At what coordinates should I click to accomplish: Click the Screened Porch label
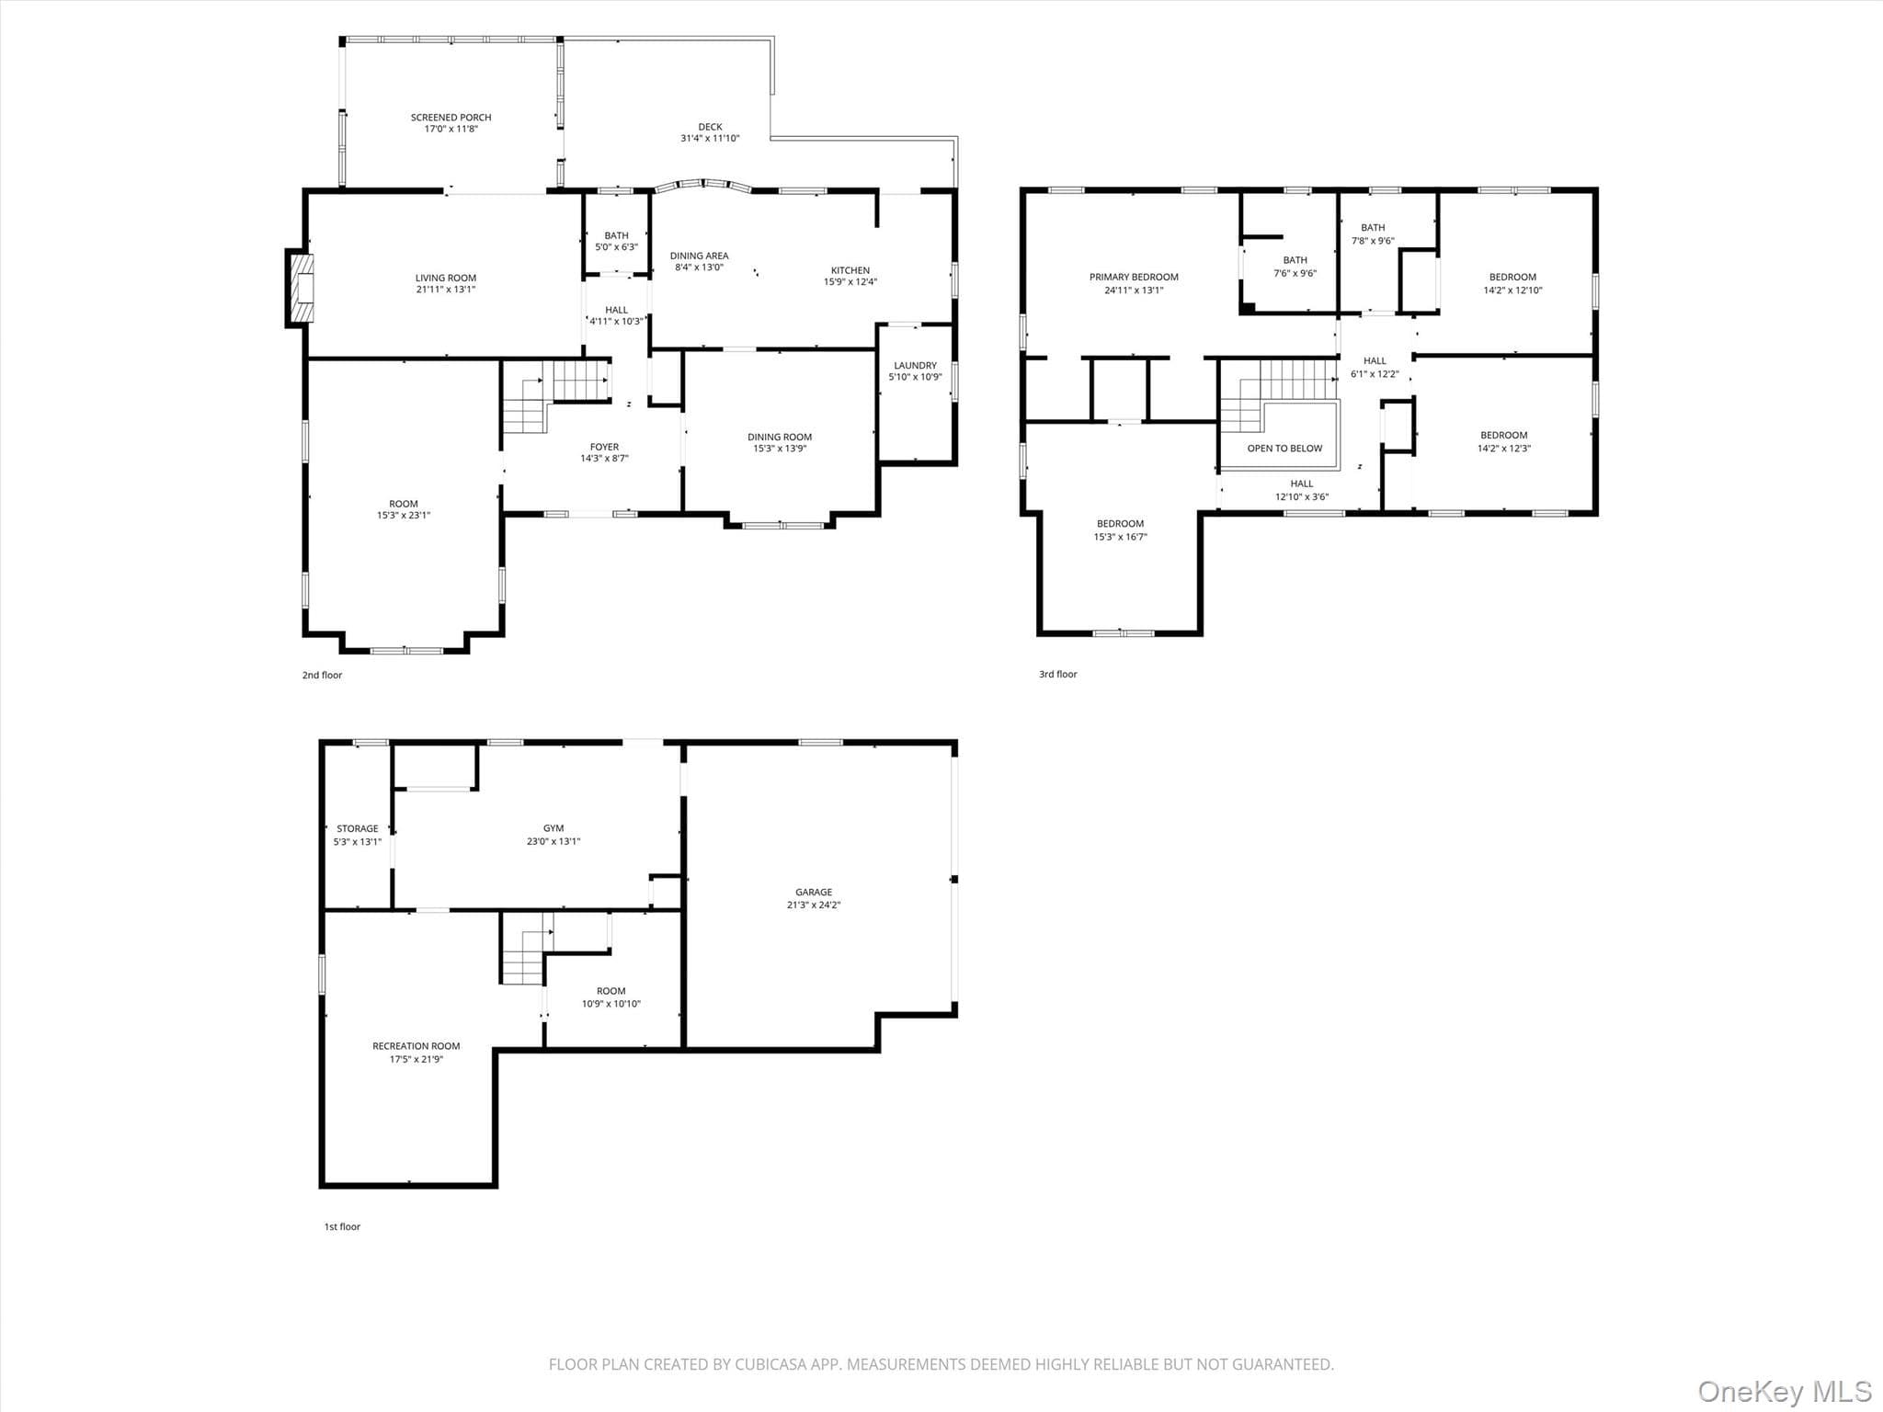(451, 118)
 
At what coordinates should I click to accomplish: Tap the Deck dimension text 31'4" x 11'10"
(710, 139)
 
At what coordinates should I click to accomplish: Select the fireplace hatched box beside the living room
(302, 288)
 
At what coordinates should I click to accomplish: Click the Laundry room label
(915, 366)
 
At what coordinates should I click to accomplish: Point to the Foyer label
(604, 448)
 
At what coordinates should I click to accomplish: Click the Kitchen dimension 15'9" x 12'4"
(850, 282)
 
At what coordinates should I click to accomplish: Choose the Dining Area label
(699, 256)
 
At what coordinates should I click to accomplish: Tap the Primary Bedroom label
(1134, 278)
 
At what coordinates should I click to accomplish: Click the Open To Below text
(1284, 449)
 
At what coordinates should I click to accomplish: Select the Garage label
(814, 893)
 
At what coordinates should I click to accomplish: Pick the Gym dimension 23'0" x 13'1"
(553, 841)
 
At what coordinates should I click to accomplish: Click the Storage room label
(357, 829)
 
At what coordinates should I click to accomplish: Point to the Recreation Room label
(416, 1046)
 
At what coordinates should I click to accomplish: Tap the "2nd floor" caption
(322, 676)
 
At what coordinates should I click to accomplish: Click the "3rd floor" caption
(1057, 675)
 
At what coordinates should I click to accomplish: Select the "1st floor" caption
(342, 1227)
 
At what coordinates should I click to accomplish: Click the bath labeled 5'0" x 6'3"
(616, 242)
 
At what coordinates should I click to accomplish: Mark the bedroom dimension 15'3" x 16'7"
(1120, 537)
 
